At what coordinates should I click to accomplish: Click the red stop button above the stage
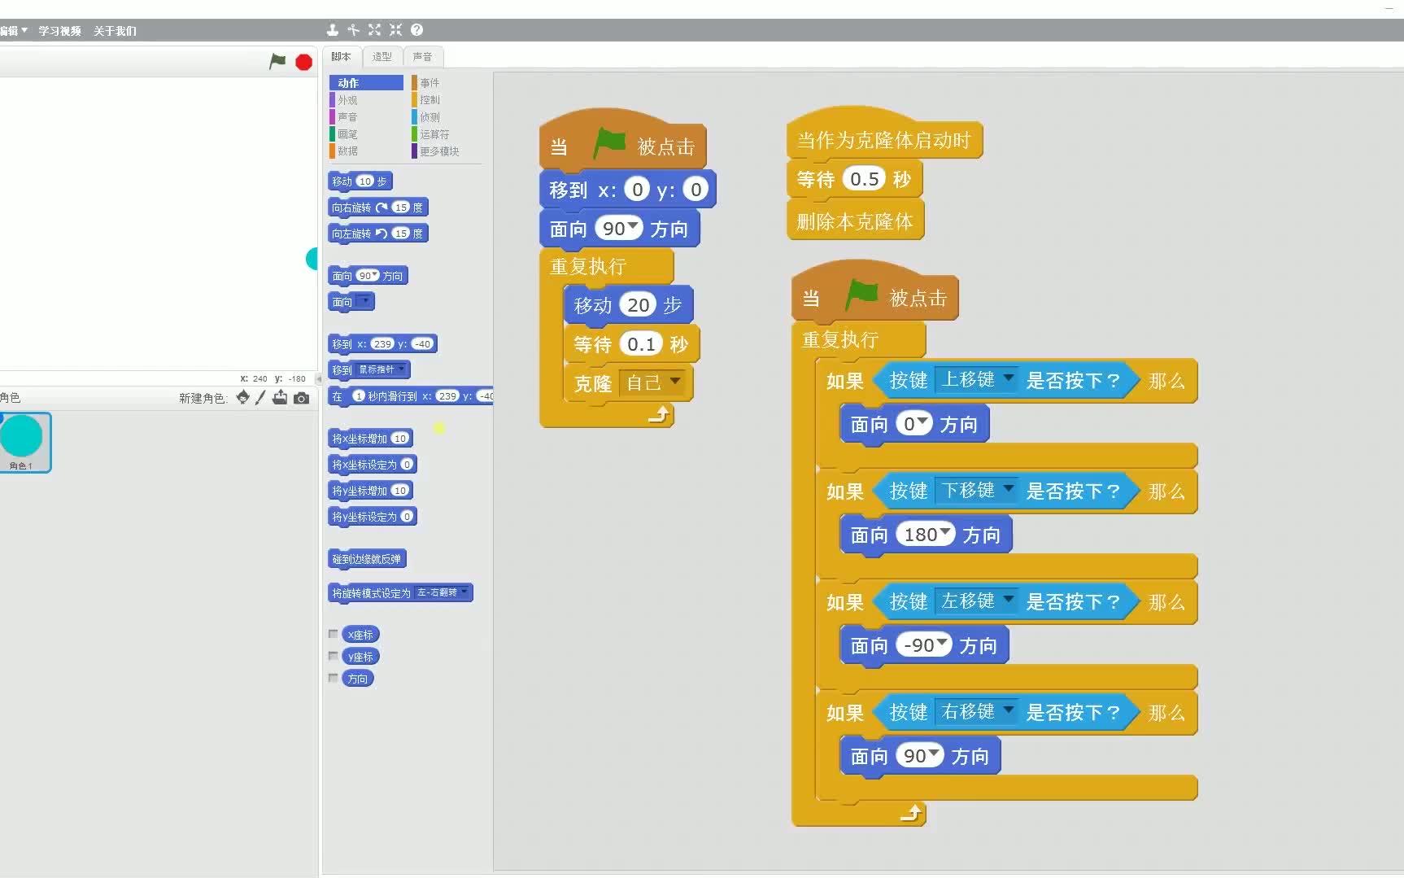point(303,62)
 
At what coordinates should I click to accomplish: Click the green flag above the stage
point(277,61)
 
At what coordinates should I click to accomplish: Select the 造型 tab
point(382,56)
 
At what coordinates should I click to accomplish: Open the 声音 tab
point(422,56)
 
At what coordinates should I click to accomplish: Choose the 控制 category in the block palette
point(429,100)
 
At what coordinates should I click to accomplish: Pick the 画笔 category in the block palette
point(347,134)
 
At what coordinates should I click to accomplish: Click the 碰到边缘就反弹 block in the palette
point(366,559)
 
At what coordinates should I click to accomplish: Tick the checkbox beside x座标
point(333,634)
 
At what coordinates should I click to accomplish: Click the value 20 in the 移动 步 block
point(638,305)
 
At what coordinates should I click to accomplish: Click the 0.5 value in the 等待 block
point(864,179)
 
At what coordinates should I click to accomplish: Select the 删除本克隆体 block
point(854,221)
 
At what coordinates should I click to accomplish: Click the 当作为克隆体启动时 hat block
point(883,140)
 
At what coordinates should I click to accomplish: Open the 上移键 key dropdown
point(976,380)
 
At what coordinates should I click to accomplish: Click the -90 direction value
point(922,645)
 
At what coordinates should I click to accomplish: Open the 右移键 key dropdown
point(976,712)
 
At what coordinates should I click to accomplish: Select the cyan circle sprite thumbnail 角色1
point(22,441)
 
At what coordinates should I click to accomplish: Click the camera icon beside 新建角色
point(302,398)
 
